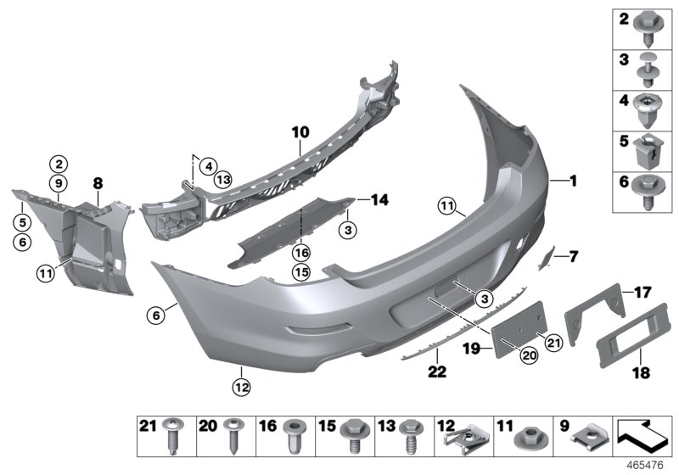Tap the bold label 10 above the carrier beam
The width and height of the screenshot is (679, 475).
300,133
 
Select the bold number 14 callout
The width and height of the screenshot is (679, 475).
379,201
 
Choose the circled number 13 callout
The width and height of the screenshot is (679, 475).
223,179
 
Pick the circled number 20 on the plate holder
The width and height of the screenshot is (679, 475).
528,356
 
